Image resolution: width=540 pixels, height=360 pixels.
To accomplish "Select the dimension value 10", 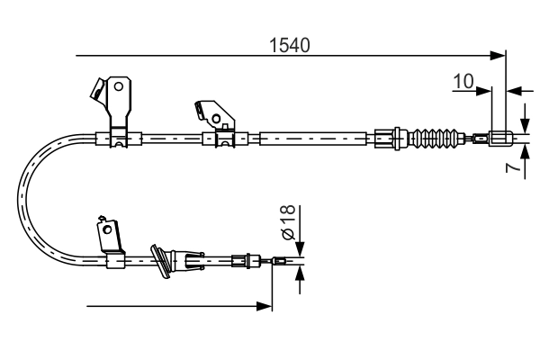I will coord(463,81).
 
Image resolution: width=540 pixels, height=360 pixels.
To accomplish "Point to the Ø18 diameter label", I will coord(287,222).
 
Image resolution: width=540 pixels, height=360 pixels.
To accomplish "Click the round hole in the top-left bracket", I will coord(118,87).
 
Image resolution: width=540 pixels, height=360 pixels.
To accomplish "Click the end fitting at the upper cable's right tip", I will coord(503,139).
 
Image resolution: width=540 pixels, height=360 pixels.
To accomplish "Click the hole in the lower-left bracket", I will coord(109,230).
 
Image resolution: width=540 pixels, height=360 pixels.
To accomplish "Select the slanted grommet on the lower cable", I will coord(162,260).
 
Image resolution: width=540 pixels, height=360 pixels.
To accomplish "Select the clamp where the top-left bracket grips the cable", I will coord(119,139).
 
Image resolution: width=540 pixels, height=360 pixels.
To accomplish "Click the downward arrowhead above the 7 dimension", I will coord(525,127).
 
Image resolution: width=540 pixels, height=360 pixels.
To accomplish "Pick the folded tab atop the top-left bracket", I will coord(94,87).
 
